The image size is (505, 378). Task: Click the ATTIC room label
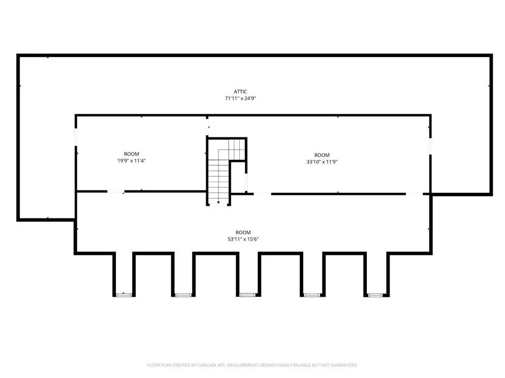240,92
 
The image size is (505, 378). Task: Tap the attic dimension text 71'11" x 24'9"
240,98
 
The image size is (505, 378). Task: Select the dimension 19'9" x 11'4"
131,161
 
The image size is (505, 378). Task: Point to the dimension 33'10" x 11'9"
322,161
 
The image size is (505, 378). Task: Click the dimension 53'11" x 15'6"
243,239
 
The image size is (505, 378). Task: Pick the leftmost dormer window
124,295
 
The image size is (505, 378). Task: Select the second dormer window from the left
183,295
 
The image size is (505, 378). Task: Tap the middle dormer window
248,295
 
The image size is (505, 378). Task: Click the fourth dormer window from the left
312,295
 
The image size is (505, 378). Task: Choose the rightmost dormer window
375,295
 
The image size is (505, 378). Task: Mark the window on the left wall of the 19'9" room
76,137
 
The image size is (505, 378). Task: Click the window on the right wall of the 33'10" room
430,146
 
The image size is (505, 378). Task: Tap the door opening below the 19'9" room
116,191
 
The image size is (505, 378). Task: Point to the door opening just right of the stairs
262,194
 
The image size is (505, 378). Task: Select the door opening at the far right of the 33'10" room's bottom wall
414,194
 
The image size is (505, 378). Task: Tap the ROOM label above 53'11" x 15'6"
243,232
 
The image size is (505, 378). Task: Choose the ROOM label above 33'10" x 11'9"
322,155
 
